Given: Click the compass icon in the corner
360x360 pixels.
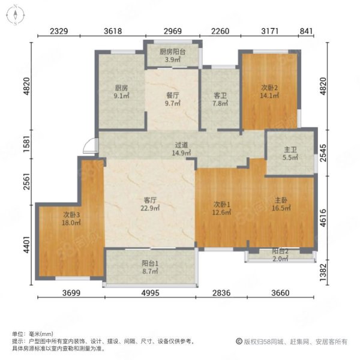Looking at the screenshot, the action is pos(15,15).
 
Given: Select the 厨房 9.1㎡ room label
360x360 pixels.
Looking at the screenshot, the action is pos(121,92).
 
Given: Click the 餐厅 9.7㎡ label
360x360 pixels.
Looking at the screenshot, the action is pos(173,99).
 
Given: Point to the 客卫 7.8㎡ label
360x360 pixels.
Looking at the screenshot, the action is pos(220,99).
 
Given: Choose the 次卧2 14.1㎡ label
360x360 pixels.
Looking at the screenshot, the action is pos(269,92).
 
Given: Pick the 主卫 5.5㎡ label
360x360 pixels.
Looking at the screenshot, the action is pos(290,154).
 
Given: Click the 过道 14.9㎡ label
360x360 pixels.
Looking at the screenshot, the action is pos(181,149).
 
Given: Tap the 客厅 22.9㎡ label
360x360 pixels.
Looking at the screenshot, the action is pos(150,204).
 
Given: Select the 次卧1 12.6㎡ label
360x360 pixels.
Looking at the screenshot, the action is pos(221,208).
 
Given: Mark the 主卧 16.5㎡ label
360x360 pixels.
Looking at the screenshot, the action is pos(281,204).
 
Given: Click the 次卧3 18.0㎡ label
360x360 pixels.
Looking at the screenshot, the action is pos(71,219).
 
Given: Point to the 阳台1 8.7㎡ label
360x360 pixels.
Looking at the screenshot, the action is pos(150,267).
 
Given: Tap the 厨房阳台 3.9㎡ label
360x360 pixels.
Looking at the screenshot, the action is pos(172,56).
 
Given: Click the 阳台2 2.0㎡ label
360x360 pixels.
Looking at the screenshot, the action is pos(280,255).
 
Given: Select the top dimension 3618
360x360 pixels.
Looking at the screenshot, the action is pos(113,31).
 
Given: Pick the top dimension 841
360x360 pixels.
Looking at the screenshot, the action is pos(306,31).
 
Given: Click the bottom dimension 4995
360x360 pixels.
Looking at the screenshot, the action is pos(150,293).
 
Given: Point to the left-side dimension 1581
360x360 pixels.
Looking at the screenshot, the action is pos(27,144).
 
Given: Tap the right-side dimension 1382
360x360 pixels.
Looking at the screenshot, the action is pos(323,272).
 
